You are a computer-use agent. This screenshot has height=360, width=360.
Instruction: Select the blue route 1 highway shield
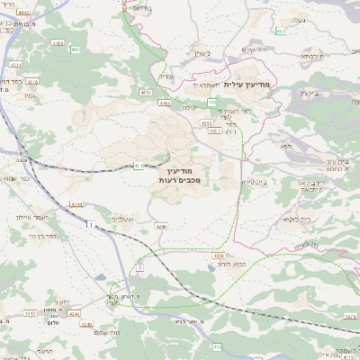click(x=90, y=224)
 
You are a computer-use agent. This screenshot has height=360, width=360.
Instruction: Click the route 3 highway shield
click(x=140, y=267)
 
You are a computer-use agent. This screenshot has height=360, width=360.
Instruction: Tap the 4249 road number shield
click(x=161, y=227)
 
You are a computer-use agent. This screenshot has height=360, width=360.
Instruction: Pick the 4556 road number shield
click(x=219, y=256)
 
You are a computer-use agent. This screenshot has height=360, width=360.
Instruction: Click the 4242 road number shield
click(x=31, y=313)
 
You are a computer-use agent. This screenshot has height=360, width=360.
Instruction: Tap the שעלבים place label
click(x=122, y=220)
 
